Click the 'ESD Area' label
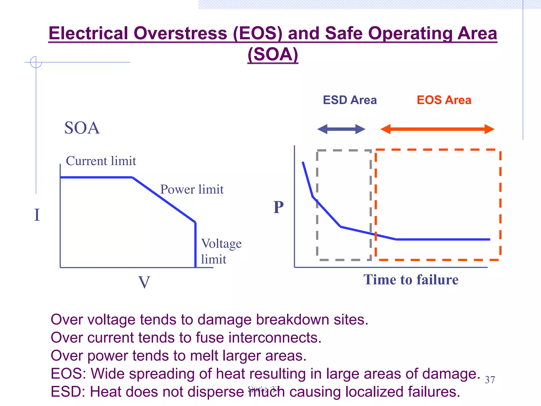349,100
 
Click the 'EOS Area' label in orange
444,100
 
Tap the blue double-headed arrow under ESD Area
341,129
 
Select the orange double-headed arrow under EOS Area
437,129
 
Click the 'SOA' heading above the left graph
82,128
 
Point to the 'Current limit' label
101,161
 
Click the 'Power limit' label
192,190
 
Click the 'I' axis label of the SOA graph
37,215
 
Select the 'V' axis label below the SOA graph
144,282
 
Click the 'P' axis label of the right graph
278,207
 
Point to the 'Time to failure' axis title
411,280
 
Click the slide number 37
490,380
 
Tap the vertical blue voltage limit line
195,244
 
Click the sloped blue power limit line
164,200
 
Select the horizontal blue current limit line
96,177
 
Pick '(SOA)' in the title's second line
273,54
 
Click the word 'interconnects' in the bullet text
275,338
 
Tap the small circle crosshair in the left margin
36,62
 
